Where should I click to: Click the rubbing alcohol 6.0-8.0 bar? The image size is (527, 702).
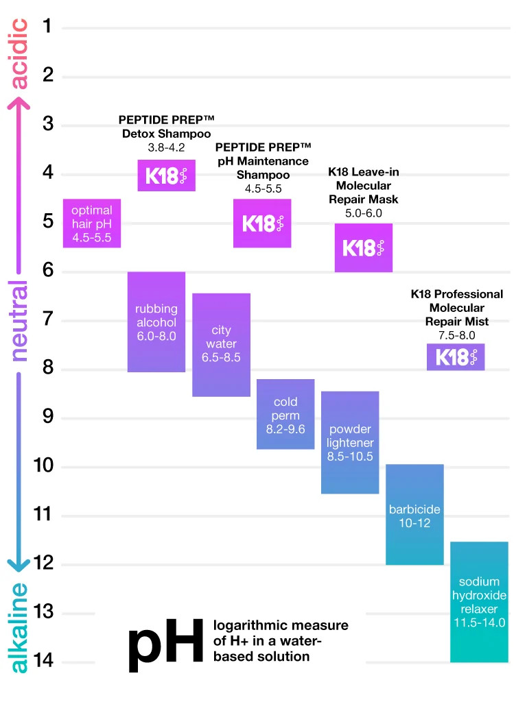pos(156,322)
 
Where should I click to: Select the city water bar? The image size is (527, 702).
pos(221,344)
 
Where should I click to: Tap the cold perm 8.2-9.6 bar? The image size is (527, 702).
pos(285,414)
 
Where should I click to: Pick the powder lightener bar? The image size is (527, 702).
pos(350,442)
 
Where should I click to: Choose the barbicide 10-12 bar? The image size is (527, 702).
pos(414,514)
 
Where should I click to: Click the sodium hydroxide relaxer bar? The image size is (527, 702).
pos(479,602)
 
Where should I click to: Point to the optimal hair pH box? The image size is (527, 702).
pos(92,223)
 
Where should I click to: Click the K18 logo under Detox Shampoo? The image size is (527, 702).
pos(167,175)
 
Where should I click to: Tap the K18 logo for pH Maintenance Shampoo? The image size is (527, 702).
pos(263,223)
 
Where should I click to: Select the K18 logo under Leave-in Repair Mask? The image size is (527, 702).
pos(363,247)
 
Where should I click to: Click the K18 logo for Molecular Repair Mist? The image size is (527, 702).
pos(456,357)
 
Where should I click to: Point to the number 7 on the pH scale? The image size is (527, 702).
pos(48,320)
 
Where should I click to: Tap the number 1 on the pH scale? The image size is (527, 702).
pos(47,26)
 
